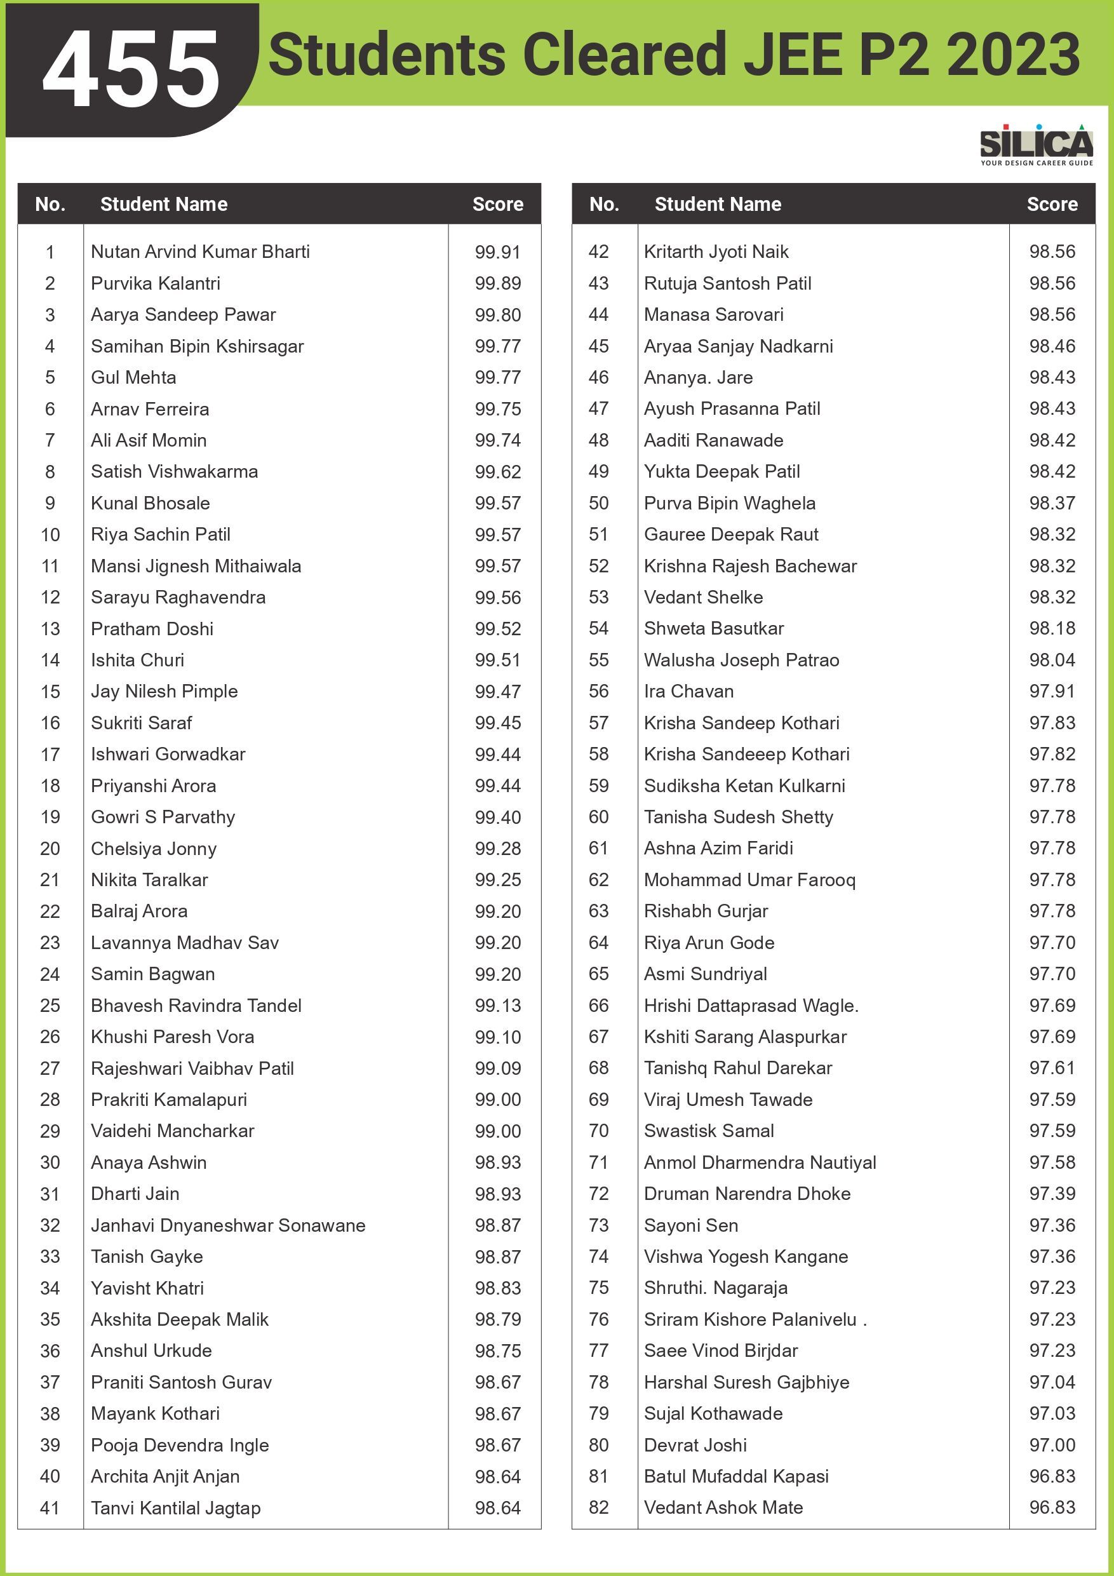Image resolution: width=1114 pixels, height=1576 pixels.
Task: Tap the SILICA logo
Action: [1036, 145]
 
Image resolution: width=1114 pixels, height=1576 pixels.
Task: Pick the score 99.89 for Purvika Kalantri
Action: [498, 283]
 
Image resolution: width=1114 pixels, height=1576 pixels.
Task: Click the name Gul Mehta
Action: [133, 377]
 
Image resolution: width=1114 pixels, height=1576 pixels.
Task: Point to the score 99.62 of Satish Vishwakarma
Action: [498, 472]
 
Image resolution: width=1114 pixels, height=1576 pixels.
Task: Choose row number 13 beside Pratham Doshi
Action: [50, 629]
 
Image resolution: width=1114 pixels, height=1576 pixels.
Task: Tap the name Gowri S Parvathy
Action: [163, 817]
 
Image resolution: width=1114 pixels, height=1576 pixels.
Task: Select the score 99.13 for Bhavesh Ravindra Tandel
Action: [498, 1006]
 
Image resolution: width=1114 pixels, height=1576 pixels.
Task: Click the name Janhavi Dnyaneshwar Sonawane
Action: [228, 1225]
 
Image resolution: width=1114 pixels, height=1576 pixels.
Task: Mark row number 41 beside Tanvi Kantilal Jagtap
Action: [50, 1508]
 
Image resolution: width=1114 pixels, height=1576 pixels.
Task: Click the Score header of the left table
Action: [498, 205]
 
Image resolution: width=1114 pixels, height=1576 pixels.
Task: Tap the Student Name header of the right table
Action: [717, 205]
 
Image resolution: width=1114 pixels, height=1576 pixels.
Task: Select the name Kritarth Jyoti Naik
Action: [716, 252]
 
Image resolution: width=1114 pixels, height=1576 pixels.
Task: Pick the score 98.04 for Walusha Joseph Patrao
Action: [1052, 661]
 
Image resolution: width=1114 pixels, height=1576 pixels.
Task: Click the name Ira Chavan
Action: [688, 691]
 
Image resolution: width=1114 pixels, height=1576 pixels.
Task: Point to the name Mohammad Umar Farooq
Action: [749, 880]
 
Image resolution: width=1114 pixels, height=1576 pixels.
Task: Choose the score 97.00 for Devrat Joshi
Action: [1052, 1445]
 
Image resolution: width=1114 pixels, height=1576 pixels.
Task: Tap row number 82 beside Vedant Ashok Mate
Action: [598, 1507]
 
